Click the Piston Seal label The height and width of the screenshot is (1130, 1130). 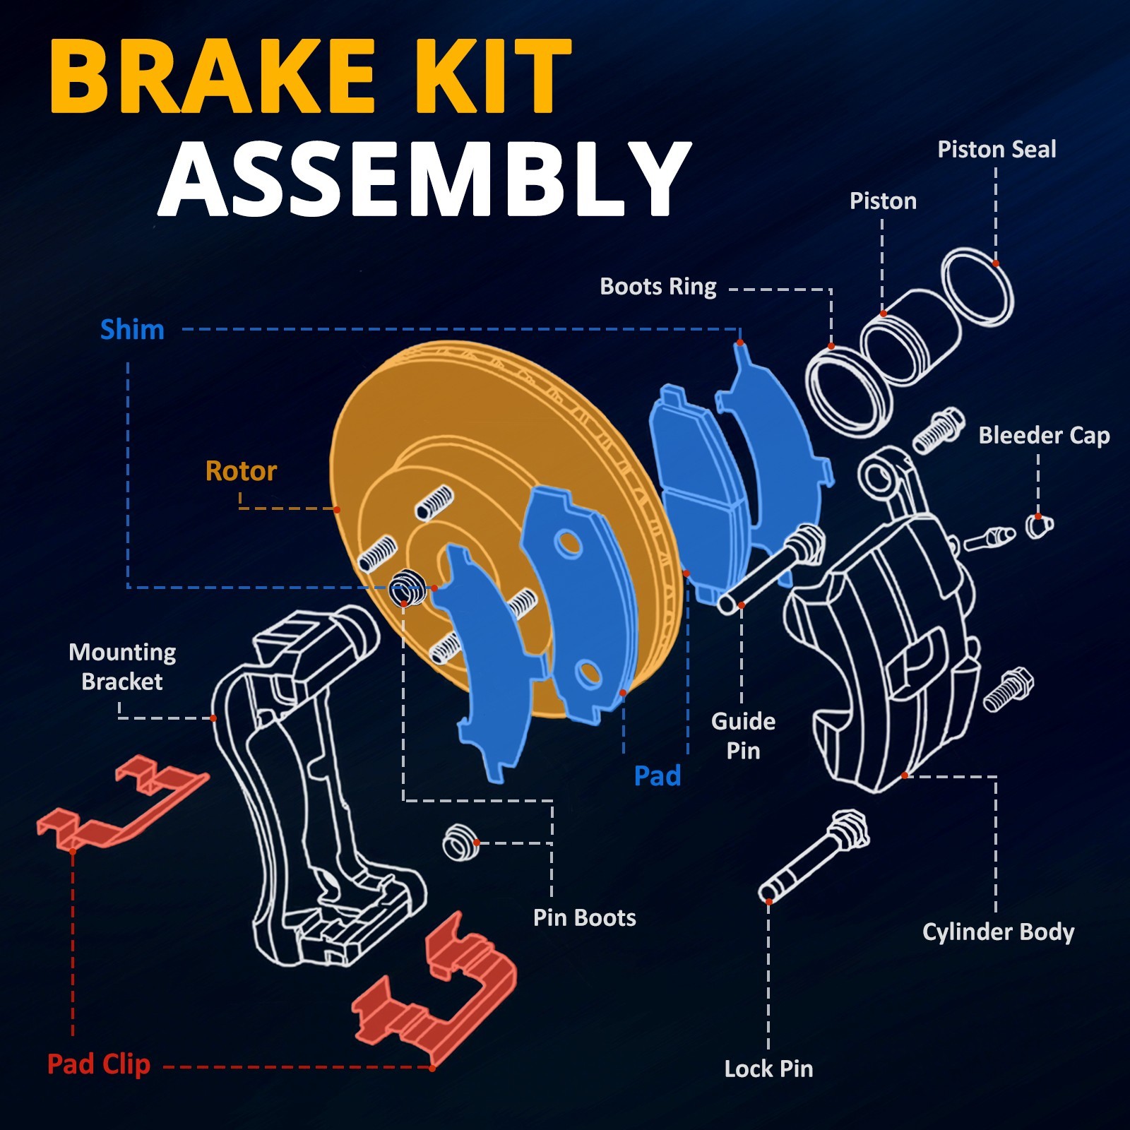997,149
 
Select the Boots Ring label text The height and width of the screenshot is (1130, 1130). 658,287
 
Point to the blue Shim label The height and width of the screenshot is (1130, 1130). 132,330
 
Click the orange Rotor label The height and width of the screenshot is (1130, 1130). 241,470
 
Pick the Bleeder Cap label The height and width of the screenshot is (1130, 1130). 1044,436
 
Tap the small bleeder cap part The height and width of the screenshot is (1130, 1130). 1039,525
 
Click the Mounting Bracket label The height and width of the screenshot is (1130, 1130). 122,667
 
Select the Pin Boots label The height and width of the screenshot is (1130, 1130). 585,917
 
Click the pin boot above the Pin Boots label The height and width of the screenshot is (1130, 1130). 461,843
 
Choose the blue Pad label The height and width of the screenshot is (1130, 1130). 658,775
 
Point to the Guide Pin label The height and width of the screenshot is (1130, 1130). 743,735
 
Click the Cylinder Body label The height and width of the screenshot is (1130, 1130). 998,932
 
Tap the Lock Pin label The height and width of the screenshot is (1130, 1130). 768,1069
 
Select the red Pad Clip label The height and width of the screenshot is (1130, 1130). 99,1064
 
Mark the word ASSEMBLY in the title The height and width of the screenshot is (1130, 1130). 424,179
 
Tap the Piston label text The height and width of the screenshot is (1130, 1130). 883,201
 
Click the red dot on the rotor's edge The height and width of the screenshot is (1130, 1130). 337,509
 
